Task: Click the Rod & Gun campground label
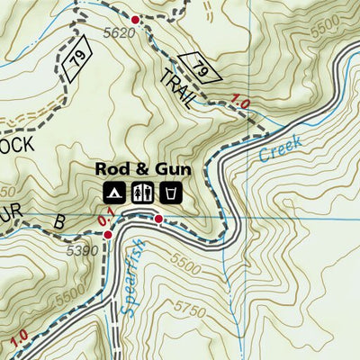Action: [139, 167]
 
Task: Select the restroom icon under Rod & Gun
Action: [141, 192]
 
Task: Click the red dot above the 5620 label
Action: [135, 20]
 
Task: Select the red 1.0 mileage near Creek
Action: [238, 103]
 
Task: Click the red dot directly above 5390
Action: [107, 235]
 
